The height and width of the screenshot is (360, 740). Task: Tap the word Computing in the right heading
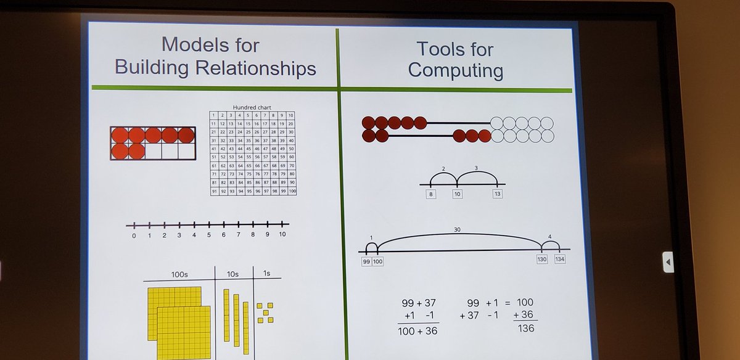(455, 70)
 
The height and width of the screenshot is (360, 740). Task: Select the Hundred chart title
(252, 107)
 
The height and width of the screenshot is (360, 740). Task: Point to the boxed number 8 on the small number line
(430, 194)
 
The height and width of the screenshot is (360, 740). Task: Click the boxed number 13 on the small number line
(497, 194)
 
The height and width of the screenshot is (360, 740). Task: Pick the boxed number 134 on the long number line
(559, 260)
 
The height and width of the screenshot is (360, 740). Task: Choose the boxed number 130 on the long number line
(543, 260)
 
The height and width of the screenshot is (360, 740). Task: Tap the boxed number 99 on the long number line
(366, 261)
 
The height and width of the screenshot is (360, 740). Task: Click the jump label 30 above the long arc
(456, 230)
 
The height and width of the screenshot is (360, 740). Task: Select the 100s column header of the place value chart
(179, 274)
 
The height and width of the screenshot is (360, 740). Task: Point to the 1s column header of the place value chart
(266, 273)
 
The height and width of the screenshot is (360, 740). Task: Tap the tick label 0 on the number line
(134, 235)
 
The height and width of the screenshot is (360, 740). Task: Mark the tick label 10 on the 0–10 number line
(282, 234)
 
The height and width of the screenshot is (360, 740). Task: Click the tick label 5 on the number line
(208, 235)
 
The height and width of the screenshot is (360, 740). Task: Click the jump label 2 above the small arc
(443, 168)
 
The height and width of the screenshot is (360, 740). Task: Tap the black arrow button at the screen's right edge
(668, 263)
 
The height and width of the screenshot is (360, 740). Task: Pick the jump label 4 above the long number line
(549, 235)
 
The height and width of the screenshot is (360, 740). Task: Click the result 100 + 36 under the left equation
(419, 330)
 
